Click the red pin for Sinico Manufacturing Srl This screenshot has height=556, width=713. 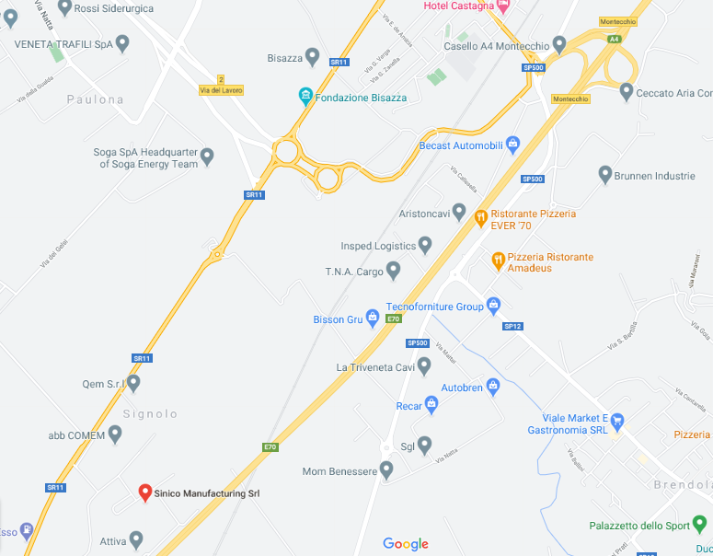point(144,492)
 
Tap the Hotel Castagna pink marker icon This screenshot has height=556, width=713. point(502,6)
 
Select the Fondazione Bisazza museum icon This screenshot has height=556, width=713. point(305,97)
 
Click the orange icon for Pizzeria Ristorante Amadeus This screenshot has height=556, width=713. point(498,261)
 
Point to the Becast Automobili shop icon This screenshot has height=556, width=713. point(512,145)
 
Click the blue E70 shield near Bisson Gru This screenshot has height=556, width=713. point(394,319)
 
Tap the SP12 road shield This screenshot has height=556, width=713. point(512,326)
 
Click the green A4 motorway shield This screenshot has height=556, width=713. point(614,39)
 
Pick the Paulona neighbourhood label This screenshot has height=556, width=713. point(95,99)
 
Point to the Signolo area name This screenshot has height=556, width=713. point(149,414)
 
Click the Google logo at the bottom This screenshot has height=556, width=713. point(406,544)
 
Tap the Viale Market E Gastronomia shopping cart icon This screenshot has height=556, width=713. point(617,418)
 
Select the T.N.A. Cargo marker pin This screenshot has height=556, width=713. point(393,271)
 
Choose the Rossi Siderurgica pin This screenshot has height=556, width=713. point(64,7)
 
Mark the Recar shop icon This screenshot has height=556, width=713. point(431,405)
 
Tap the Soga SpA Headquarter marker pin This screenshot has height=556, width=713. point(207,157)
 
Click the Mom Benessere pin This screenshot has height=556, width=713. point(386,470)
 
